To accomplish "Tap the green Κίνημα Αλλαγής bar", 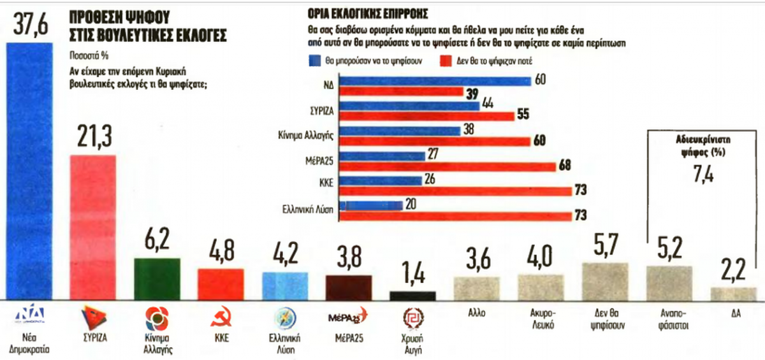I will pos(157,278).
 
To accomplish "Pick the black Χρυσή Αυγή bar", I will pos(412,296).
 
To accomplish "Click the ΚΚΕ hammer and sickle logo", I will pos(221,319).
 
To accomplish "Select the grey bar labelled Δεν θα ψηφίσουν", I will pos(605,281).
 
